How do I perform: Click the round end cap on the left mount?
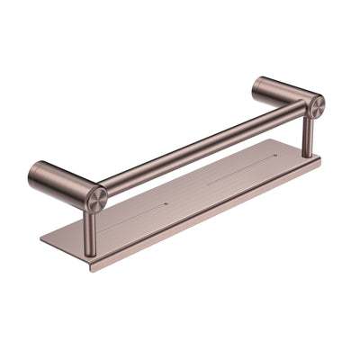(96, 198)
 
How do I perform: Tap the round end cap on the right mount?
(316, 106)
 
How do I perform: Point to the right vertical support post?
(308, 135)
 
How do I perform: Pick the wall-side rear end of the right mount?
(256, 85)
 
